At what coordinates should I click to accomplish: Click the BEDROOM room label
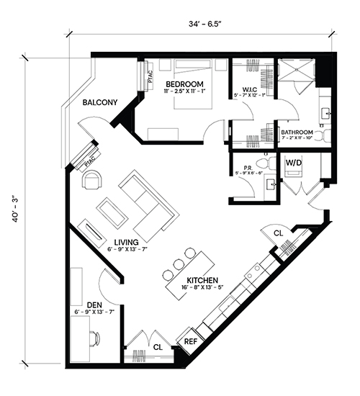[184, 84]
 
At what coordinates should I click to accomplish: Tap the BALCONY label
[100, 102]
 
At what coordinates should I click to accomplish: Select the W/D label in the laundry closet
[294, 163]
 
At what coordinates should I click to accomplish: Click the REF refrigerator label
[191, 342]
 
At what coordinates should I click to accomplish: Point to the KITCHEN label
[202, 280]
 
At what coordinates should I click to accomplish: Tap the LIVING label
[126, 243]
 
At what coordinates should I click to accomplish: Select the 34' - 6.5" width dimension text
[205, 24]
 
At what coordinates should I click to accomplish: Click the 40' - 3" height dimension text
[16, 210]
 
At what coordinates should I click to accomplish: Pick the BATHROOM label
[297, 132]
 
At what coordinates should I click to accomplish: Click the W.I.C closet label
[250, 89]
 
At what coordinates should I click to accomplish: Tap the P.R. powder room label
[247, 168]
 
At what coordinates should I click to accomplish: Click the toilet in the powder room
[266, 163]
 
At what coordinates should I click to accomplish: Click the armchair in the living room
[91, 180]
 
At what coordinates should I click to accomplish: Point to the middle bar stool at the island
[179, 264]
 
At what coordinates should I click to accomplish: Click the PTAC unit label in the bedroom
[150, 77]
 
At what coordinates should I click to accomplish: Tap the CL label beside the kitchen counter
[279, 233]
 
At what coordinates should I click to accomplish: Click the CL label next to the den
[158, 348]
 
